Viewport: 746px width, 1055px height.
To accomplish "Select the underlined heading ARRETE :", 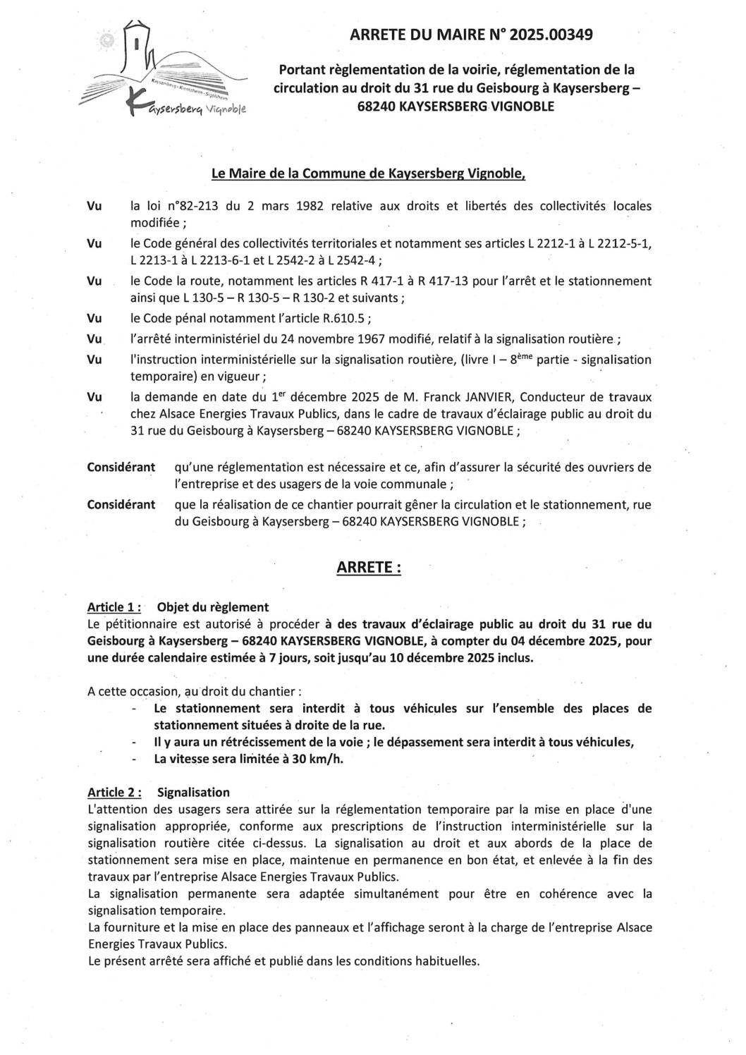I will tap(369, 568).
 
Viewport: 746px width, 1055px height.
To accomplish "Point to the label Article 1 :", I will tap(114, 607).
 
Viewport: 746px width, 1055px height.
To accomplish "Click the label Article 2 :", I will tap(114, 793).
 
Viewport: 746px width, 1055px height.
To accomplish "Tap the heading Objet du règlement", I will tap(212, 607).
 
